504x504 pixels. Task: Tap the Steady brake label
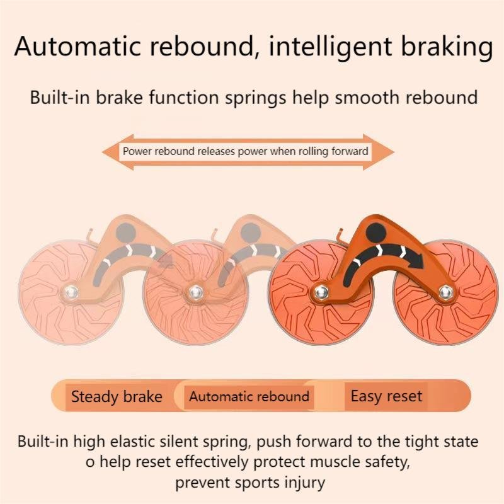click(x=117, y=397)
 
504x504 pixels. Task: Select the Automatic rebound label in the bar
click(x=249, y=397)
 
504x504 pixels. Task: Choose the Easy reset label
click(x=386, y=397)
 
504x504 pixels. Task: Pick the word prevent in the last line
click(x=202, y=483)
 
